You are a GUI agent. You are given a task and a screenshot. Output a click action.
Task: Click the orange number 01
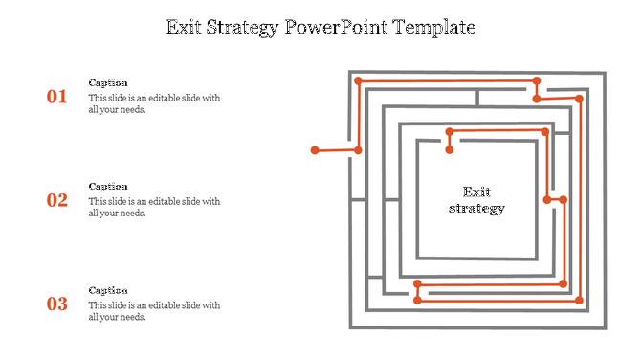(x=57, y=97)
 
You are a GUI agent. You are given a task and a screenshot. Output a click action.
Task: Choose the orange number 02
(x=57, y=200)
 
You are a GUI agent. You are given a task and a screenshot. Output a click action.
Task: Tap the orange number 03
(x=57, y=304)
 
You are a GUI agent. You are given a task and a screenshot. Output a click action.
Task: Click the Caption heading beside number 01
(x=108, y=83)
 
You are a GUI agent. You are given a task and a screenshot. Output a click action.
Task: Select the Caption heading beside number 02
(x=108, y=187)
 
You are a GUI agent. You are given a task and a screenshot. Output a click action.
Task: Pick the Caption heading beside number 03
(x=108, y=290)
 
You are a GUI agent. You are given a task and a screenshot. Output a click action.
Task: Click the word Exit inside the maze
(x=476, y=191)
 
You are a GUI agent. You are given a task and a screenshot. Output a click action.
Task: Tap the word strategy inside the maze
(x=476, y=208)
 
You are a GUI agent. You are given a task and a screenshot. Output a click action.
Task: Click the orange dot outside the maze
(x=315, y=150)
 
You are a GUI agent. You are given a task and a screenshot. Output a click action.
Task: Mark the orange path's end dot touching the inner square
(x=449, y=149)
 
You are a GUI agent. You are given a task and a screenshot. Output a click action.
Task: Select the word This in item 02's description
(x=98, y=201)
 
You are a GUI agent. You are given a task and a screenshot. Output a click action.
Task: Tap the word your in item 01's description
(x=111, y=109)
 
